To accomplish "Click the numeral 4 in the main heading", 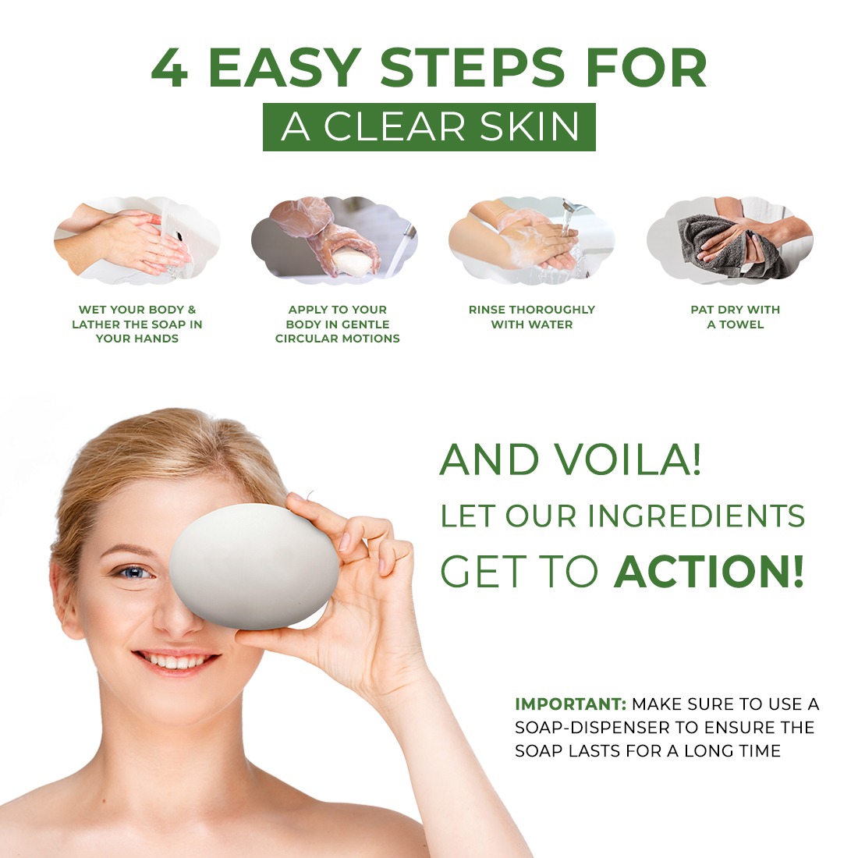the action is coord(169,68).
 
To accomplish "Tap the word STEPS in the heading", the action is coord(472,68).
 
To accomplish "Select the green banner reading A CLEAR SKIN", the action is coord(429,127).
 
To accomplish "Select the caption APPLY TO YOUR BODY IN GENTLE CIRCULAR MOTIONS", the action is coord(338,324).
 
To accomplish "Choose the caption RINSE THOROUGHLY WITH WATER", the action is coord(532,317).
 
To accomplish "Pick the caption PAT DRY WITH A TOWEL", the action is coord(736,317).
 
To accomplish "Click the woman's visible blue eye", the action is coord(136,573).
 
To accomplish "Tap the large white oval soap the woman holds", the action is coord(254,566).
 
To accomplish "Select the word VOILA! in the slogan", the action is coord(627,459).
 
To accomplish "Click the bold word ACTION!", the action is coord(708,571).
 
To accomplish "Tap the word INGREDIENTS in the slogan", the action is coord(696,516).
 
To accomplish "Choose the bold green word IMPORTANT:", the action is coord(570,704).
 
